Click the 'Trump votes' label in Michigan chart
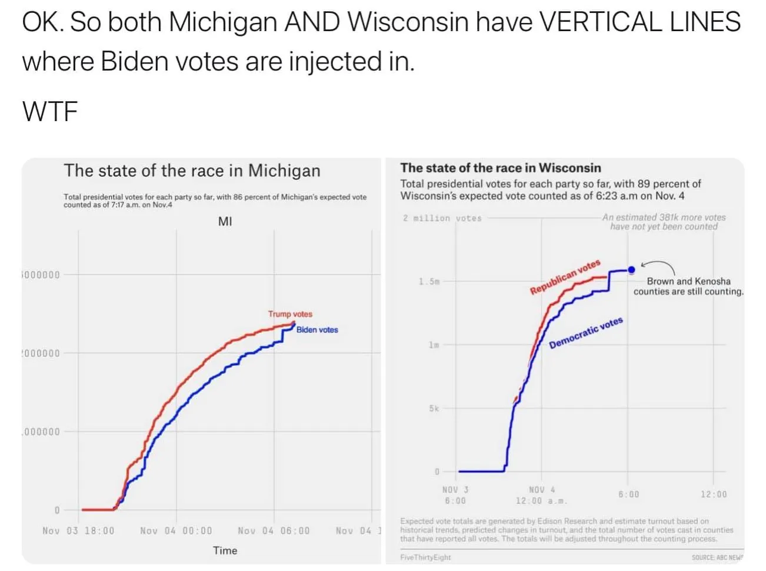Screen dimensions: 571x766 290,314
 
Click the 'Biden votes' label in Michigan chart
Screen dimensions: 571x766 317,330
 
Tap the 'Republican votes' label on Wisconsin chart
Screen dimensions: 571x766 565,277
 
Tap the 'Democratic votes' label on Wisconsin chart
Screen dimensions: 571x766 585,333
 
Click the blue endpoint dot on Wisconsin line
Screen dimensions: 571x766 631,270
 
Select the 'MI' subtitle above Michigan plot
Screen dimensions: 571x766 225,222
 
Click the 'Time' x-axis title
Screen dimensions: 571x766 225,550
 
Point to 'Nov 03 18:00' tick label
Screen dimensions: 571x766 78,530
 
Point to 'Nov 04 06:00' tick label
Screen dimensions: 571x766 274,530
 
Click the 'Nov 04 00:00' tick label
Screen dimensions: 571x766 176,530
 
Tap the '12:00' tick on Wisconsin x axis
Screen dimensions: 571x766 713,495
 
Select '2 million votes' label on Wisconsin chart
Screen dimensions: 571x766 442,218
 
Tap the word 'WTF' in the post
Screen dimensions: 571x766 50,111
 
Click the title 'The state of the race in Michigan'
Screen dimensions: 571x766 192,171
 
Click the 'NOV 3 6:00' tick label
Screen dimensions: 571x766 455,495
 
